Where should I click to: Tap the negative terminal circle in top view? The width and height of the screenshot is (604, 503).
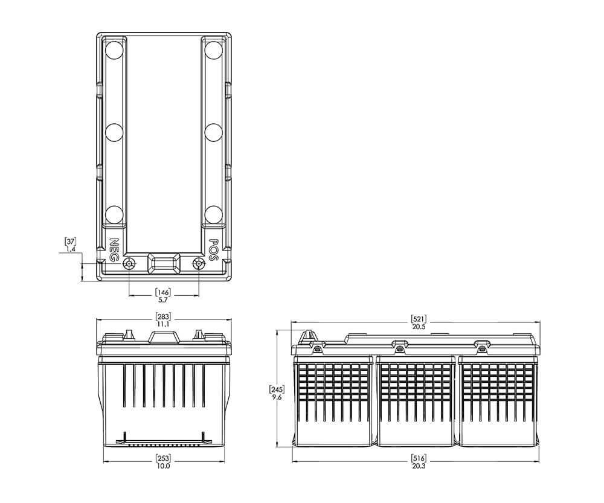128,264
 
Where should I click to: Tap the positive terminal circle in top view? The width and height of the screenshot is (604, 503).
198,264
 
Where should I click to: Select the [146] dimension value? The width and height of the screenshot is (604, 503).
163,292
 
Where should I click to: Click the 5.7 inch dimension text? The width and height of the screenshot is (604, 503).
163,300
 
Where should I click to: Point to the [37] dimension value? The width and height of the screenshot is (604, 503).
70,242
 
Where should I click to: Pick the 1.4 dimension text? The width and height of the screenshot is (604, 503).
71,249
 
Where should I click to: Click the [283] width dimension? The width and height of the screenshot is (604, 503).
163,317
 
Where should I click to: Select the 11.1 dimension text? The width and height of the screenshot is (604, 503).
163,324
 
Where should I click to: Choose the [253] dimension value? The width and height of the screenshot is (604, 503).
163,458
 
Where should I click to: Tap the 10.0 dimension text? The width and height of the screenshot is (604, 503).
163,466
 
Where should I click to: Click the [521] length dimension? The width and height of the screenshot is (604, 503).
419,319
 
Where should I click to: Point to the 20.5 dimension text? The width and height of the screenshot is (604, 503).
419,327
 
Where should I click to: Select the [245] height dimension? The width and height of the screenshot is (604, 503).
277,389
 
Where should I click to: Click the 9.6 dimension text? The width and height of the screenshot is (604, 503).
277,397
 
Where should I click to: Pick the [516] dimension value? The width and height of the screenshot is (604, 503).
419,458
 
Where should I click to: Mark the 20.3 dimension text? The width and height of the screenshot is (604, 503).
419,466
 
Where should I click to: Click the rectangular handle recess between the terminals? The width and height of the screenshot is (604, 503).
164,263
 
